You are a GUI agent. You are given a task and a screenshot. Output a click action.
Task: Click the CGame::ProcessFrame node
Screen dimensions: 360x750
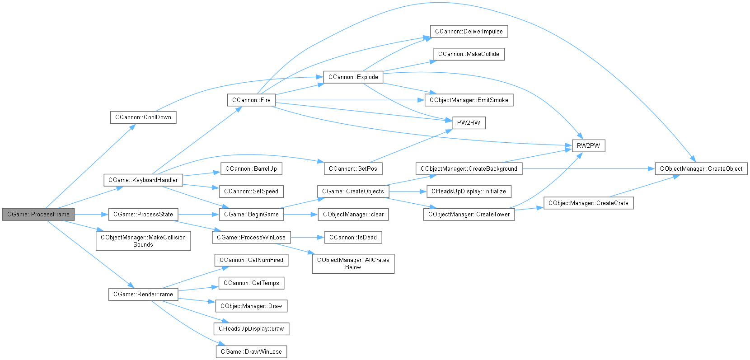38,215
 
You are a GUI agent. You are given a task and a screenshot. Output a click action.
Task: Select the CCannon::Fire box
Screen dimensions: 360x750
251,100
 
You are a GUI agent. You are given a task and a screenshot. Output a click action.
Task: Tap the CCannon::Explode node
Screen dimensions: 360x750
353,77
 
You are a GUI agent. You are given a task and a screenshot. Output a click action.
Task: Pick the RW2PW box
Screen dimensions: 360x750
588,146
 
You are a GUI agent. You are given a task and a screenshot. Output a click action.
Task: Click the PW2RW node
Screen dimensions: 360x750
469,123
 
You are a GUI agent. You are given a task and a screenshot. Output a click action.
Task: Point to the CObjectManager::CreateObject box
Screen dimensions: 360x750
701,169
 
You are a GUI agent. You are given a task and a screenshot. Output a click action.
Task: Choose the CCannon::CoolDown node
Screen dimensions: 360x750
143,117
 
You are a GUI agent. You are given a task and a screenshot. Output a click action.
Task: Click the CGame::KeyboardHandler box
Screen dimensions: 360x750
143,180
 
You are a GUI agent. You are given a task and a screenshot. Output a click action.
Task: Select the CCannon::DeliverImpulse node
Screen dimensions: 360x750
469,32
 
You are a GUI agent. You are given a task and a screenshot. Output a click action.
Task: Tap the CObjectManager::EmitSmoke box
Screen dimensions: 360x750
469,100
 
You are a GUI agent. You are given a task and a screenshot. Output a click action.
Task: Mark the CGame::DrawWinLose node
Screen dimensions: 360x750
251,352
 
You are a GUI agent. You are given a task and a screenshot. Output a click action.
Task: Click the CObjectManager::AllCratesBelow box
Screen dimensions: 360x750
353,264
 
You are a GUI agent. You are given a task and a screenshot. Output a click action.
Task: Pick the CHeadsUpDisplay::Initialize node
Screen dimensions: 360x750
469,192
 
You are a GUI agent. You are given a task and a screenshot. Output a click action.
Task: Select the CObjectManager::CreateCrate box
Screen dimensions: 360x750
588,203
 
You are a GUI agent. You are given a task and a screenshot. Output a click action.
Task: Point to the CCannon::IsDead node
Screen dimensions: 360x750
353,238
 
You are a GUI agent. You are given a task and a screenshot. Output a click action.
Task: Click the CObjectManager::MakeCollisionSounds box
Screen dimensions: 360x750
143,241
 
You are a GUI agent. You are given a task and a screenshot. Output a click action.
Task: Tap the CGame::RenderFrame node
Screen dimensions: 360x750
143,295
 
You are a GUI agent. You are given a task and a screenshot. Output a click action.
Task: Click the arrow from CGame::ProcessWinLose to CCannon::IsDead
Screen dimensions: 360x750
307,238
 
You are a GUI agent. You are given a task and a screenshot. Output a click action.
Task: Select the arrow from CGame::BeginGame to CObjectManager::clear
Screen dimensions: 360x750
300,215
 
